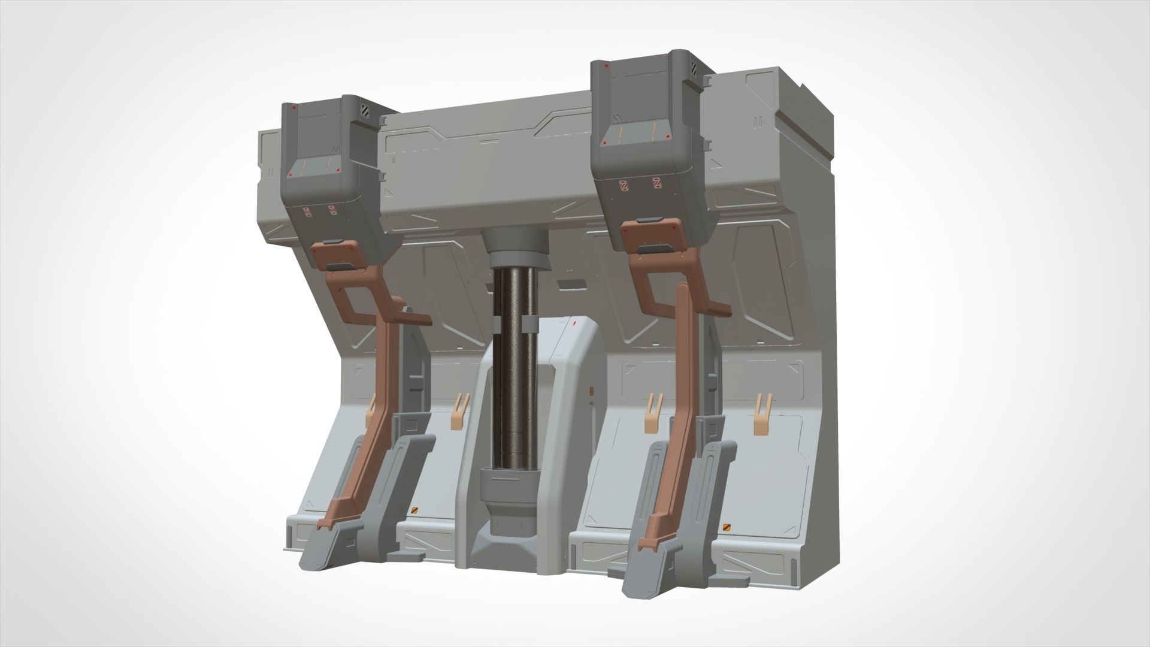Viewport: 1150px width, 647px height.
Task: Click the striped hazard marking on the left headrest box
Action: click(x=365, y=110)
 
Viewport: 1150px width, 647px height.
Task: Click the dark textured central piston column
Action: click(x=513, y=371)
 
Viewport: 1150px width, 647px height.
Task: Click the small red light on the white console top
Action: click(x=574, y=324)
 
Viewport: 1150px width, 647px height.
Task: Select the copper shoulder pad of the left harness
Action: click(x=337, y=254)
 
